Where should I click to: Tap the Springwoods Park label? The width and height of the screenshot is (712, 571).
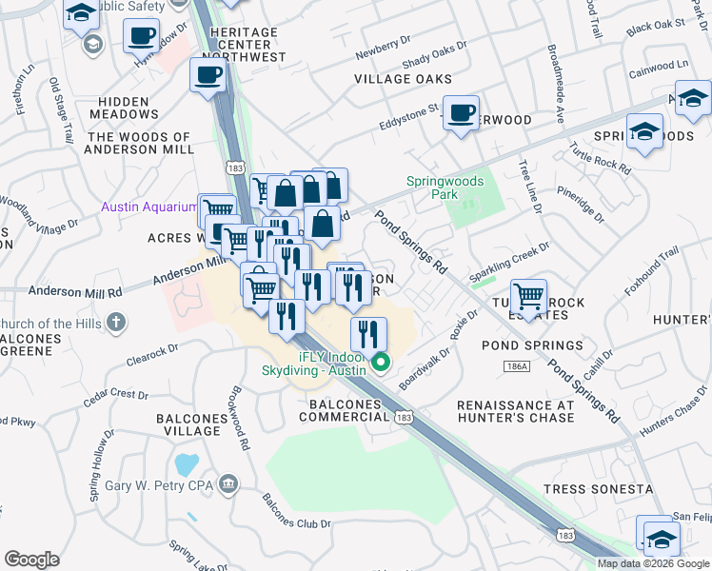445,187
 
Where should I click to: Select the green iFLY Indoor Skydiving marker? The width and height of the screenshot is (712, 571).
382,362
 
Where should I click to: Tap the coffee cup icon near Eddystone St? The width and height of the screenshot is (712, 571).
462,113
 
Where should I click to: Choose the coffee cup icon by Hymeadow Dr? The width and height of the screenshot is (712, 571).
141,36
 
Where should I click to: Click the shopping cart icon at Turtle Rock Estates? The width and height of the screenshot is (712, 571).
528,294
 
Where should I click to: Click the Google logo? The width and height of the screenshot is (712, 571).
31,560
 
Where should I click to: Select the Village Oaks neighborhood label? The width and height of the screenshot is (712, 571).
403,79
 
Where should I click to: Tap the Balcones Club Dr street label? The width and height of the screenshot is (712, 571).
295,523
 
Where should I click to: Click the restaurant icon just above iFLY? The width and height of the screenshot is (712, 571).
368,334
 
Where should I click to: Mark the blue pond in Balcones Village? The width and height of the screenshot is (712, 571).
187,464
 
